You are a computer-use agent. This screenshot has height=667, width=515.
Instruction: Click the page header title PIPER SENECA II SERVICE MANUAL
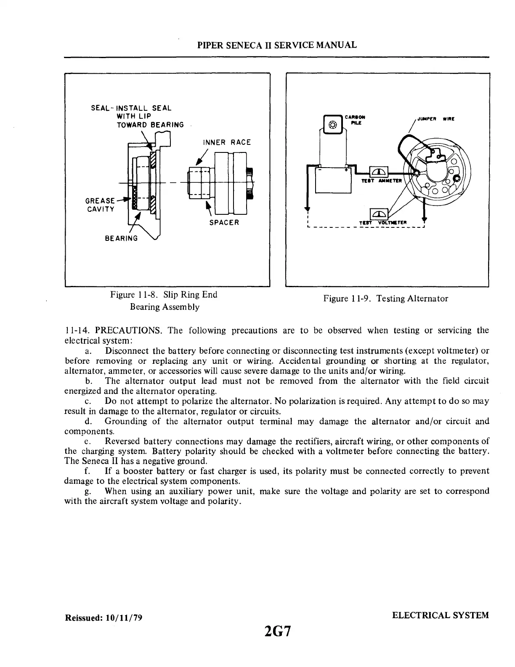[x=277, y=45]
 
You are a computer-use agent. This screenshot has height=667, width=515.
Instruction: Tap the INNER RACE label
[x=226, y=142]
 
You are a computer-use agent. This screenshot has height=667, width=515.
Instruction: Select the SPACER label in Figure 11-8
[x=224, y=222]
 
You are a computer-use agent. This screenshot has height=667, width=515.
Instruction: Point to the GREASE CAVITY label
[x=100, y=205]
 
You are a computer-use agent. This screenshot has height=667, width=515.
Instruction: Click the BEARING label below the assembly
[x=121, y=238]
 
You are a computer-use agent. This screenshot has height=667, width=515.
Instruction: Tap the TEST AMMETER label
[x=382, y=181]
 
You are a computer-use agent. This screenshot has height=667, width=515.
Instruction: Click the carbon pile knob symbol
[x=332, y=125]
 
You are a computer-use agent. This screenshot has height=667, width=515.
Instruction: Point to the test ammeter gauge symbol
[x=379, y=172]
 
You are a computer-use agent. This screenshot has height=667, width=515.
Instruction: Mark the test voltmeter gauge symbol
[x=378, y=214]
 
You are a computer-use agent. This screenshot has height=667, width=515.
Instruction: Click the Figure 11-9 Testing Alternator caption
[x=385, y=299]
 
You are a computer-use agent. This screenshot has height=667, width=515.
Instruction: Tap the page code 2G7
[x=277, y=632]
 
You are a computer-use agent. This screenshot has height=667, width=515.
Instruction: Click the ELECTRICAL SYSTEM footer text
[x=441, y=615]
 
